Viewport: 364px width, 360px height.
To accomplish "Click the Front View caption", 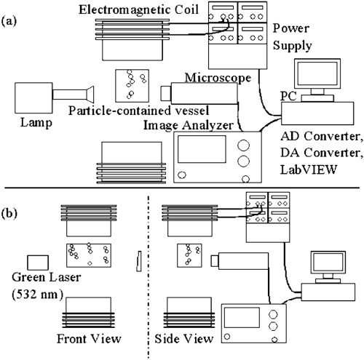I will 87,340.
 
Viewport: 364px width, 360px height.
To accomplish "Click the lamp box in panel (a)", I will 33,97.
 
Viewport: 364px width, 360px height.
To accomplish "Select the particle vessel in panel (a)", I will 132,84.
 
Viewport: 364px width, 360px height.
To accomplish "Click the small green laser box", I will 36,261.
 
